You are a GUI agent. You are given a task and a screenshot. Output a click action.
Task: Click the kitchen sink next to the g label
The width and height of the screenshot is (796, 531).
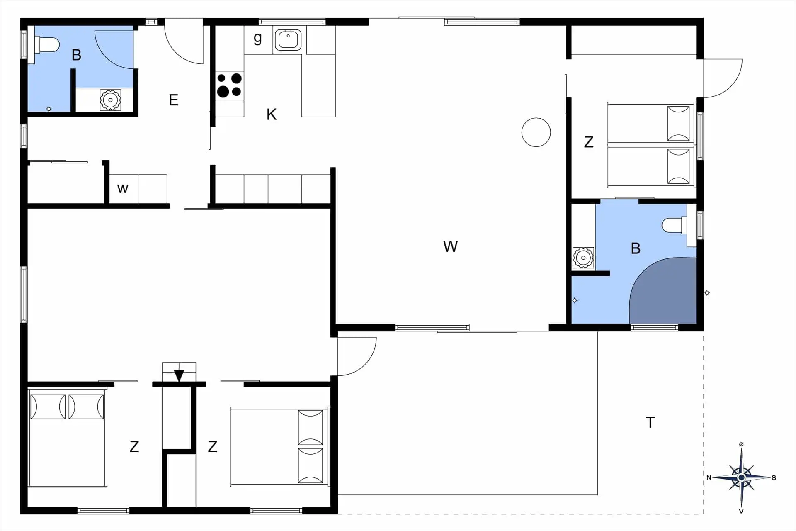click(288, 40)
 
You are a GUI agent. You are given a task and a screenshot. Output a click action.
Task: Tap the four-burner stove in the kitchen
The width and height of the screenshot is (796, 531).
click(229, 85)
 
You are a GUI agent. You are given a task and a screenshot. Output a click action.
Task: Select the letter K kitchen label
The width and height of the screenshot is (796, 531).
click(272, 114)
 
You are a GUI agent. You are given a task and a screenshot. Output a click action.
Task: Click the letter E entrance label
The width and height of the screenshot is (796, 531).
click(174, 100)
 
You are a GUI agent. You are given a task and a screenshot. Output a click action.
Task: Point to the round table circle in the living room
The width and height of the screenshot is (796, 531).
click(536, 132)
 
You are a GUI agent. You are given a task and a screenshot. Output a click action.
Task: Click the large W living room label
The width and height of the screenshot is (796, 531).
click(451, 247)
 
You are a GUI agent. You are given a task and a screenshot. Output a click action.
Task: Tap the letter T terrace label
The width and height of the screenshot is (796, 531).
click(650, 423)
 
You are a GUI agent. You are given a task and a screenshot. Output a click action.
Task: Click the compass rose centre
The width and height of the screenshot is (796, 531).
click(741, 477)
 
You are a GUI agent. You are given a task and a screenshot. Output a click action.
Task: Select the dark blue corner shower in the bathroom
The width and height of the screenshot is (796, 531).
click(663, 290)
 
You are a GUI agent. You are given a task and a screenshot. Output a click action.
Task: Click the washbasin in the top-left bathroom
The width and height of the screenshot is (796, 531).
click(110, 100)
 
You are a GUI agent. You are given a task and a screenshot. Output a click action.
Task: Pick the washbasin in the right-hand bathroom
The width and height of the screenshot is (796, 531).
click(583, 258)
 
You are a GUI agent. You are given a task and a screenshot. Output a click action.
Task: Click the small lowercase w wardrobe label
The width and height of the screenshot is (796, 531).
click(123, 189)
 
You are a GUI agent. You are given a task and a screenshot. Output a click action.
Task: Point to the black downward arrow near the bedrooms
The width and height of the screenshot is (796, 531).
click(179, 375)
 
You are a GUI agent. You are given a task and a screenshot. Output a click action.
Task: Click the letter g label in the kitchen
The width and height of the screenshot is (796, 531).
click(257, 39)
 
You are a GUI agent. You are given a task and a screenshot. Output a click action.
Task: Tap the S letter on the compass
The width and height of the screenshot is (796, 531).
click(774, 478)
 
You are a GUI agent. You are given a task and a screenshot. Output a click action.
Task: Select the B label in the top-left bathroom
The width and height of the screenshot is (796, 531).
click(76, 55)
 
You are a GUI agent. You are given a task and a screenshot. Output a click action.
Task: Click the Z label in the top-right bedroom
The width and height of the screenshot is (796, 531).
click(589, 142)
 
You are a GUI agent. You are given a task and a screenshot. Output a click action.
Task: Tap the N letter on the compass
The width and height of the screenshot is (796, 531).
click(709, 478)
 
